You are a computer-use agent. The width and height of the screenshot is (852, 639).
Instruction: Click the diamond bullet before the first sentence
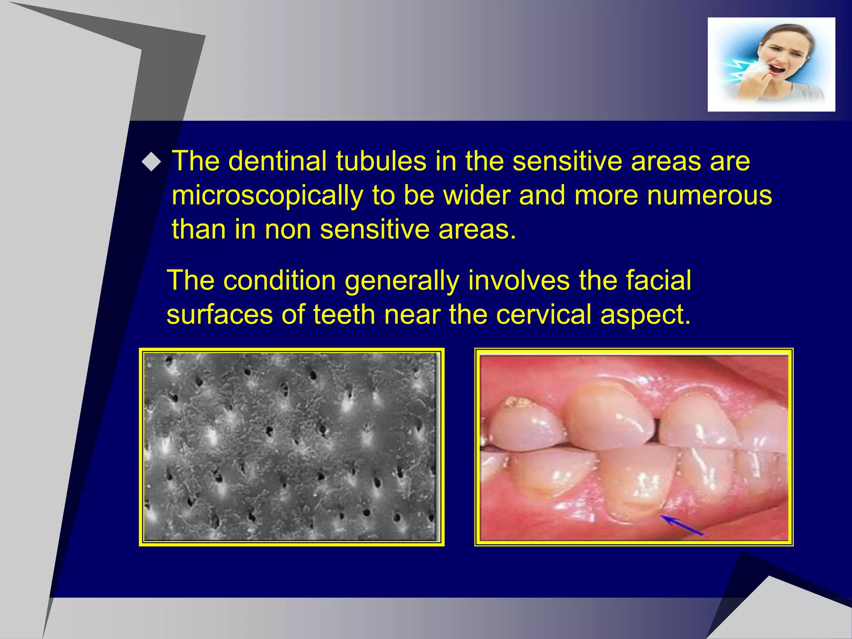click(151, 162)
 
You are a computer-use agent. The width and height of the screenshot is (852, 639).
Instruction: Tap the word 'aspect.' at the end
click(645, 315)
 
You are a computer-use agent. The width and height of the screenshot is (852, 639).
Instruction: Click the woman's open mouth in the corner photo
click(776, 68)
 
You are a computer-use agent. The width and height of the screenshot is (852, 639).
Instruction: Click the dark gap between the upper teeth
click(656, 431)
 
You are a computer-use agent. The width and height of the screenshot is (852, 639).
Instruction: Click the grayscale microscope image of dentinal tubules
click(292, 447)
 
